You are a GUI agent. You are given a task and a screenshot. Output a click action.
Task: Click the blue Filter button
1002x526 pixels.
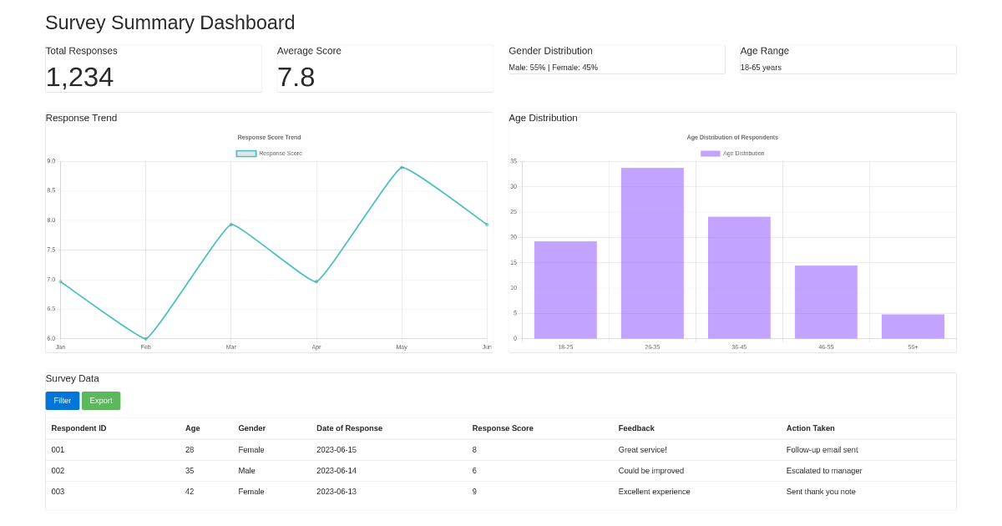(x=62, y=401)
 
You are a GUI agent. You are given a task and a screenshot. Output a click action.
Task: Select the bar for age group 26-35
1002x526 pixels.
(x=652, y=253)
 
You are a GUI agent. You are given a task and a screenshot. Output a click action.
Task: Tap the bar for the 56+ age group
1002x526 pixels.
(x=913, y=326)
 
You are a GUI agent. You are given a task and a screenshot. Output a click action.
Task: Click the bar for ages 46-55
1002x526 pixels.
(x=826, y=301)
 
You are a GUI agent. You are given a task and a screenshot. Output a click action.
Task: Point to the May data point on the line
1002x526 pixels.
(x=402, y=168)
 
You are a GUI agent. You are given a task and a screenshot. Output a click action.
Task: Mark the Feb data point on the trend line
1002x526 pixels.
(x=146, y=339)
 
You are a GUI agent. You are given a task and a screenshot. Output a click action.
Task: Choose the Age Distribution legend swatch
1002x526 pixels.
(x=710, y=154)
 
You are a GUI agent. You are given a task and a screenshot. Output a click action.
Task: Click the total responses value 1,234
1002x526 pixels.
(x=79, y=77)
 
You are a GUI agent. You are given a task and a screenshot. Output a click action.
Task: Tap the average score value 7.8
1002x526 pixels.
(x=296, y=77)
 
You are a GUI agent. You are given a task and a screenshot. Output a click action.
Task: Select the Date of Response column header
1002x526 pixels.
(x=349, y=428)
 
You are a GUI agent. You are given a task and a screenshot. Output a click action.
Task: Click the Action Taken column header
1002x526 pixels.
(x=810, y=428)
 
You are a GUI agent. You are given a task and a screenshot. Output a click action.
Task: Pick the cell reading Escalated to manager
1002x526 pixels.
(x=823, y=471)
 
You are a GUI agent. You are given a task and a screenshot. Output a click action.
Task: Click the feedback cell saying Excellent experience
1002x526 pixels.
(x=654, y=492)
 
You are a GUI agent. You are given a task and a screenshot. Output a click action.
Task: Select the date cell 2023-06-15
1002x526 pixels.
(x=336, y=450)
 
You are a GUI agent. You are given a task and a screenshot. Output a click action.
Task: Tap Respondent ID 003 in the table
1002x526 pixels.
(x=58, y=492)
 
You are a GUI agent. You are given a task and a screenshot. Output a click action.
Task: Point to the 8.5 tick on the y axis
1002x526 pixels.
(x=51, y=190)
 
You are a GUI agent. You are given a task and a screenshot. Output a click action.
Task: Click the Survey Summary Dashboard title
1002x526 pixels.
(x=170, y=23)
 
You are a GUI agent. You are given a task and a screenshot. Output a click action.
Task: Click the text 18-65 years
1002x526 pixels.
(x=761, y=68)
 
